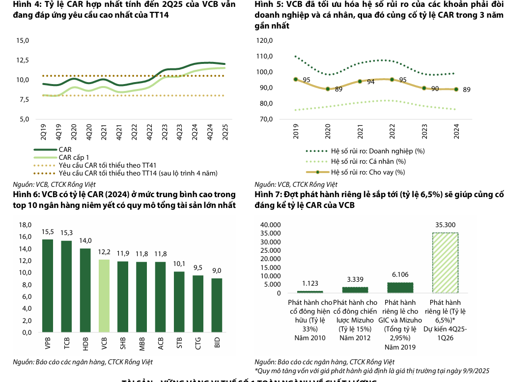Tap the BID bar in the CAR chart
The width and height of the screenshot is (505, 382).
coord(217,305)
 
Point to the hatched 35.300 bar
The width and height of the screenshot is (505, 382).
coord(445,263)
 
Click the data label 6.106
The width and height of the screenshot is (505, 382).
coord(400,275)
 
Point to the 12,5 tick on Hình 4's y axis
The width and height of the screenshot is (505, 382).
coord(23,60)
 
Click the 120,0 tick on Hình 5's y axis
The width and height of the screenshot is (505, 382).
coord(264,40)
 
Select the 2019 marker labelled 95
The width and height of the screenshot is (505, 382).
coord(295,79)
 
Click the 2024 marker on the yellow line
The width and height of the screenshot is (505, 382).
coord(456,89)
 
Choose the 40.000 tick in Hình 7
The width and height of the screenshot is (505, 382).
coord(270,225)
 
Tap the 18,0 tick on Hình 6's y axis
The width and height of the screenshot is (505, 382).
coord(24,225)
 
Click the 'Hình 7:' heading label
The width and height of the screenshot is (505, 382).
coord(268,195)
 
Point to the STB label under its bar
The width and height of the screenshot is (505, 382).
coord(180,342)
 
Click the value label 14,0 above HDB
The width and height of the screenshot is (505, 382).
coord(85,240)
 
